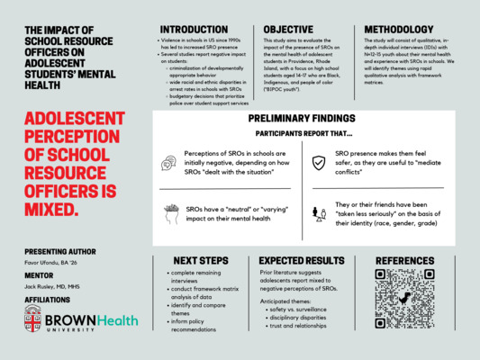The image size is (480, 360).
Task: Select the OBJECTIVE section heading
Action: pyautogui.click(x=288, y=30)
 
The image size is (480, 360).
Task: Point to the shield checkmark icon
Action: pyautogui.click(x=317, y=163)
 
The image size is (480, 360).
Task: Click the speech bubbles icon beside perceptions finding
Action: pyautogui.click(x=168, y=163)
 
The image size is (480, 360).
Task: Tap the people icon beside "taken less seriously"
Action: pyautogui.click(x=318, y=212)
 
